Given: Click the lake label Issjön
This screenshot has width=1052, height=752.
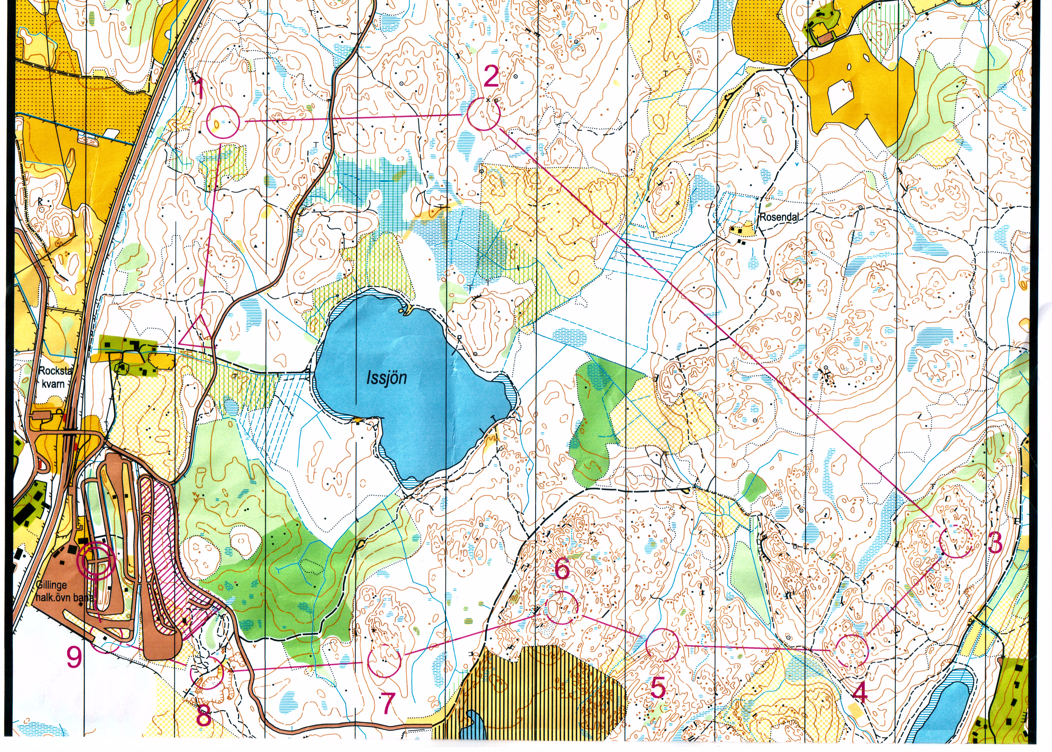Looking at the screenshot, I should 387,378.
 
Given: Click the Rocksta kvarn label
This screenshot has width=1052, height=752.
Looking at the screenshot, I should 52,377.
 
